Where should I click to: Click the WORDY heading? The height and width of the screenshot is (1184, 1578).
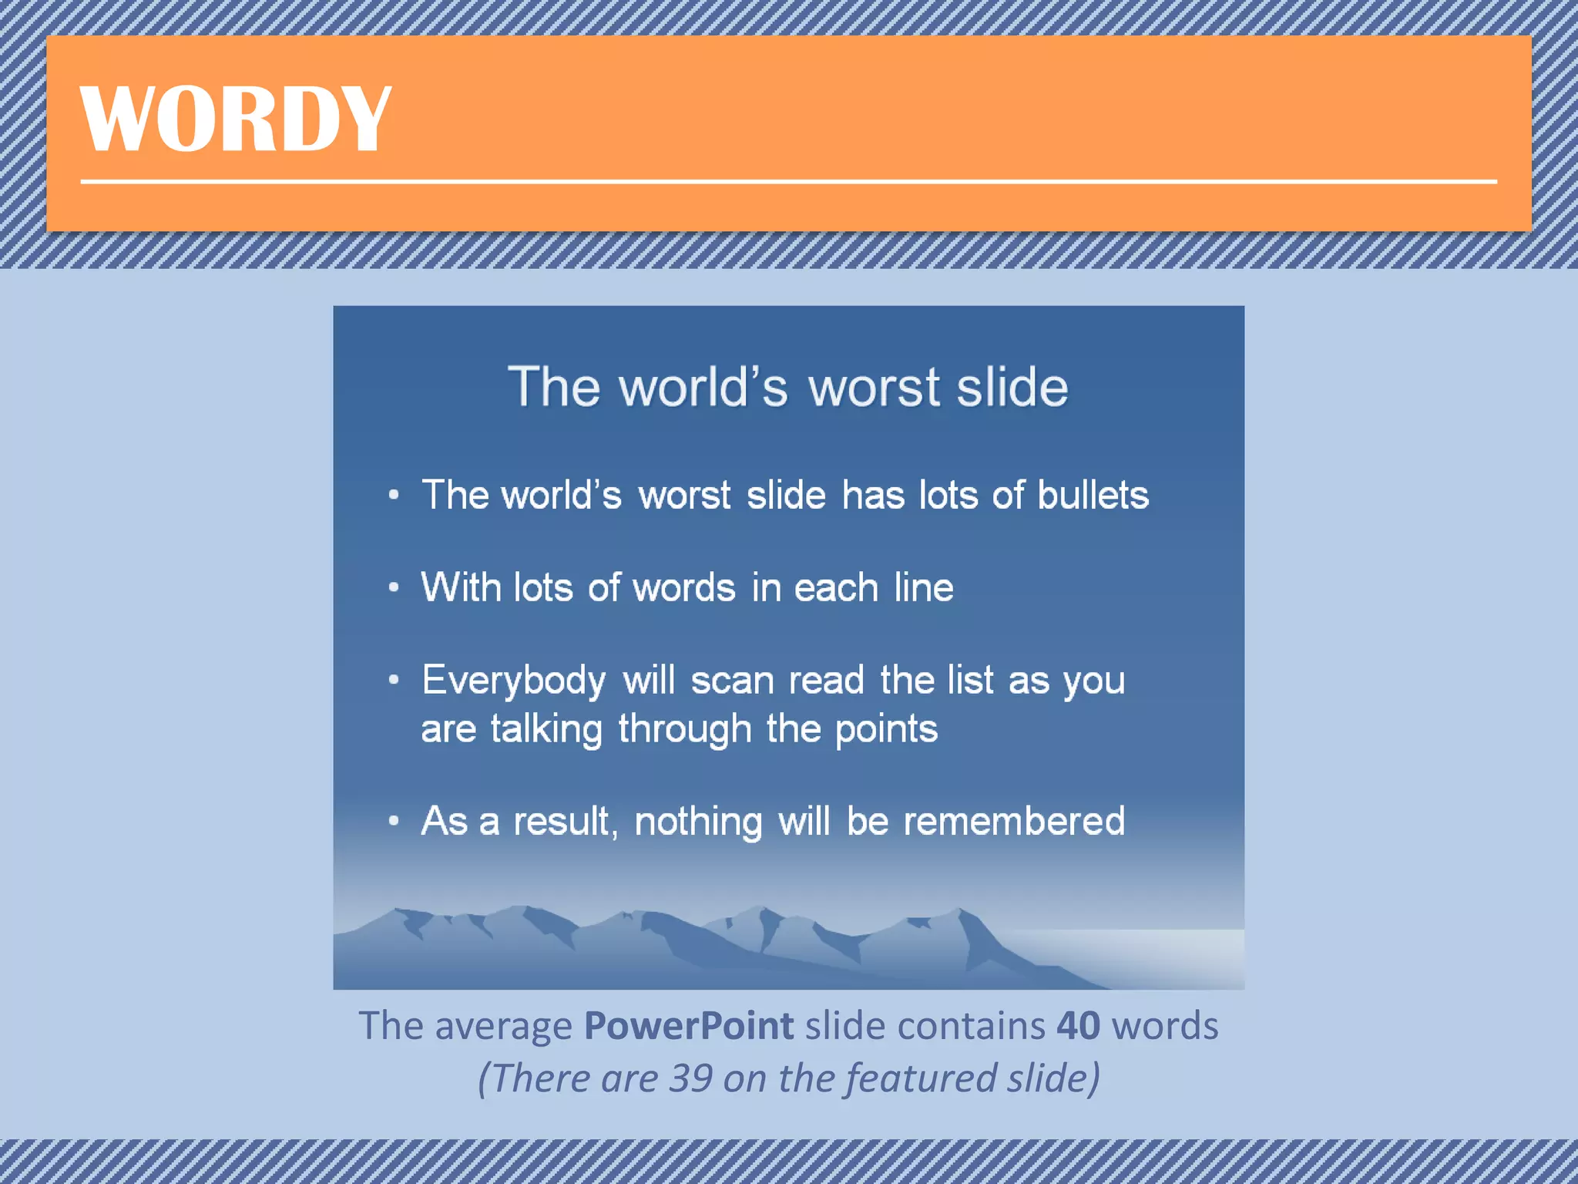(236, 119)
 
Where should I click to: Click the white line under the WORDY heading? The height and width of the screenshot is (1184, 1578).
(787, 182)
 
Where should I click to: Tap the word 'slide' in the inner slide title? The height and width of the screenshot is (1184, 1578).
(1012, 387)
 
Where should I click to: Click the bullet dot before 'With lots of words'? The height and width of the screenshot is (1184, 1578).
(394, 588)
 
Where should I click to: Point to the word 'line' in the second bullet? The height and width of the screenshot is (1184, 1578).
(923, 588)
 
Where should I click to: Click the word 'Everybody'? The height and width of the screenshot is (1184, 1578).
(514, 681)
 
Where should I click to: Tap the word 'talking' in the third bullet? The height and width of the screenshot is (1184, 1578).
(546, 729)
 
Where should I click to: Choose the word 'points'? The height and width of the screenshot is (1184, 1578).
(886, 729)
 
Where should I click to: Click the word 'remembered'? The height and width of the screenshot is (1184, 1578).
(1014, 821)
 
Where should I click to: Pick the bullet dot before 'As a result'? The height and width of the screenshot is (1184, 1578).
(394, 822)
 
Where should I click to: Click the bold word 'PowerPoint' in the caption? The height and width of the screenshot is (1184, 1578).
(689, 1026)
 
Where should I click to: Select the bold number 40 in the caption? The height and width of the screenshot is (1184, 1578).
(1078, 1026)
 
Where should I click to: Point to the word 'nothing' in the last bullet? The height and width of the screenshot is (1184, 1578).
(698, 822)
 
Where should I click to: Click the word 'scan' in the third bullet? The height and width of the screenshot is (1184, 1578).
(732, 681)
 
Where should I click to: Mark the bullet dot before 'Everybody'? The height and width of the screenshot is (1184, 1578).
(394, 681)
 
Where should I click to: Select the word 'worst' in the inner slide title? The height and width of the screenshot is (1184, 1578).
(874, 387)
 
